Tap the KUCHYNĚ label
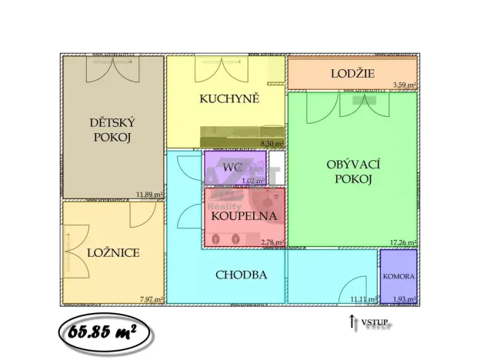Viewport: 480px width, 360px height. (x=229, y=98)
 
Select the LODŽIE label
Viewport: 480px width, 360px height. (x=353, y=74)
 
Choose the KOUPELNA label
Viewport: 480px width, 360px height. (x=243, y=216)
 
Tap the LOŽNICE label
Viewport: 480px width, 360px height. (x=113, y=252)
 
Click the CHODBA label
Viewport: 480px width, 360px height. (x=242, y=274)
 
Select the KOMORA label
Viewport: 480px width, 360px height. (x=398, y=275)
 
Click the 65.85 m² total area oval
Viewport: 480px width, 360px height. (x=103, y=332)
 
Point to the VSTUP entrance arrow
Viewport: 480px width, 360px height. (x=352, y=322)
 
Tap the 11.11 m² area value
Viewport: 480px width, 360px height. (x=362, y=298)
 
